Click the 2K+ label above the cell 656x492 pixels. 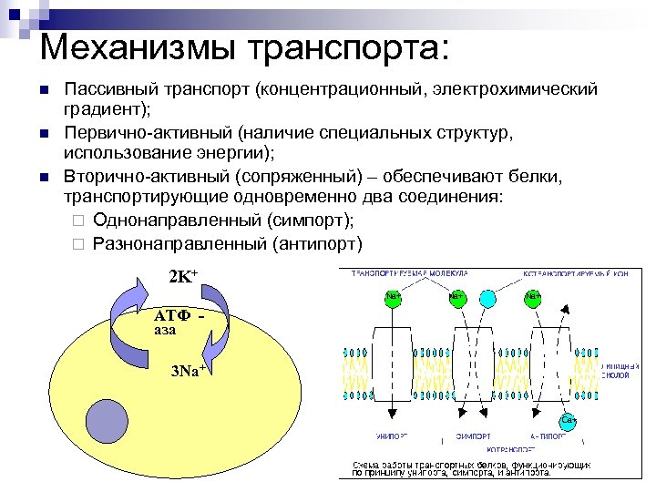pyautogui.click(x=183, y=278)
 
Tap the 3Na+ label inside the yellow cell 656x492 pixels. pyautogui.click(x=188, y=371)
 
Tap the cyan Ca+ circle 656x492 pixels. pyautogui.click(x=568, y=420)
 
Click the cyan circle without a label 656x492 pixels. pyautogui.click(x=487, y=298)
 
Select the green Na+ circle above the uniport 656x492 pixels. pyautogui.click(x=393, y=298)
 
